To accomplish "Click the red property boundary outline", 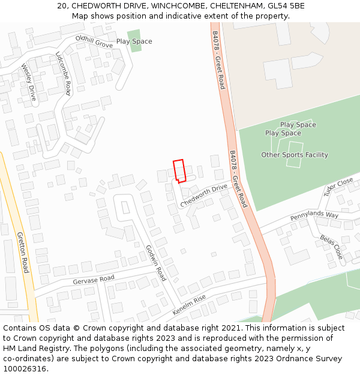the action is click(x=179, y=170).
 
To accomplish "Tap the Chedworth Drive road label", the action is click(x=204, y=196).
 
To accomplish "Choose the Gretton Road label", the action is click(x=23, y=252).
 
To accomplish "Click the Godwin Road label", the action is click(x=156, y=263).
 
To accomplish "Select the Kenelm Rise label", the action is click(x=189, y=305).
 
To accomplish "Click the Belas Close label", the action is click(x=332, y=247).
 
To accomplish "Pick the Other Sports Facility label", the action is click(x=295, y=155).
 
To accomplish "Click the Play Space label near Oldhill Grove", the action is click(x=134, y=41).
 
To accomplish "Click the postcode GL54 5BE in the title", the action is click(x=283, y=6).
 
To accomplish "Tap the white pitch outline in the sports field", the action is click(x=295, y=154).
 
